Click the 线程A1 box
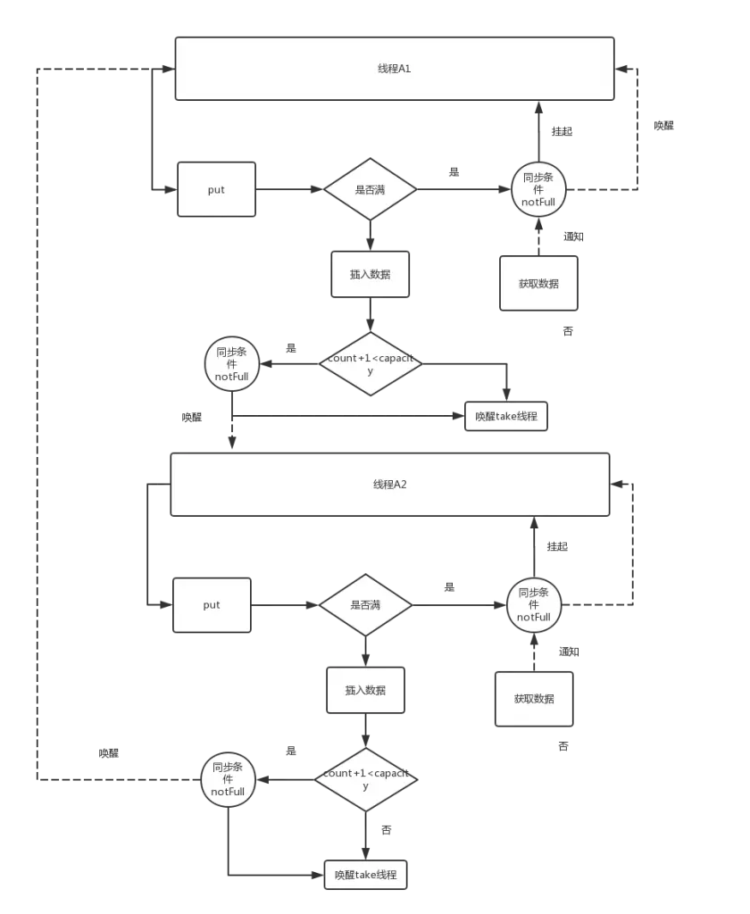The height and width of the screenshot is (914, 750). click(x=395, y=69)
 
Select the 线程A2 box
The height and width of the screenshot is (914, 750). click(x=390, y=485)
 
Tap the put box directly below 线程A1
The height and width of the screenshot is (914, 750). click(x=216, y=189)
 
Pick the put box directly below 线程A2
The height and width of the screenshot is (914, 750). click(x=212, y=605)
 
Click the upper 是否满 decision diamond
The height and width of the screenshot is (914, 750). click(x=369, y=189)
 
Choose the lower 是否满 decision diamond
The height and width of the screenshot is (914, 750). click(x=364, y=605)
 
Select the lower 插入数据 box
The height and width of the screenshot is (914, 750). click(x=365, y=690)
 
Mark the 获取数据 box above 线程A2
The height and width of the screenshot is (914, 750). click(x=538, y=284)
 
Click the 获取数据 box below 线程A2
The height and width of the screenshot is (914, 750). click(x=533, y=698)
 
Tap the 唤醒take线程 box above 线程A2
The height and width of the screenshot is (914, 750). click(x=506, y=416)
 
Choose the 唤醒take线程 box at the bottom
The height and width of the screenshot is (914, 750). click(x=365, y=875)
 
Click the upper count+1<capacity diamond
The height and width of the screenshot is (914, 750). click(x=370, y=363)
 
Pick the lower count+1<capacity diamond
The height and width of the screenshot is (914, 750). click(x=365, y=779)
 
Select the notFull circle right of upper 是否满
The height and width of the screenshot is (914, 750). click(x=538, y=189)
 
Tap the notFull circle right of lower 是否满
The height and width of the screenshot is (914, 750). click(x=534, y=605)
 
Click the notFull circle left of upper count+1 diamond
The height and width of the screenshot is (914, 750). click(x=232, y=364)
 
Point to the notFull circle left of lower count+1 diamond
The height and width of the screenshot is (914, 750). click(x=228, y=779)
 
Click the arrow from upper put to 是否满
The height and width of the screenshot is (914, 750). click(x=288, y=189)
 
